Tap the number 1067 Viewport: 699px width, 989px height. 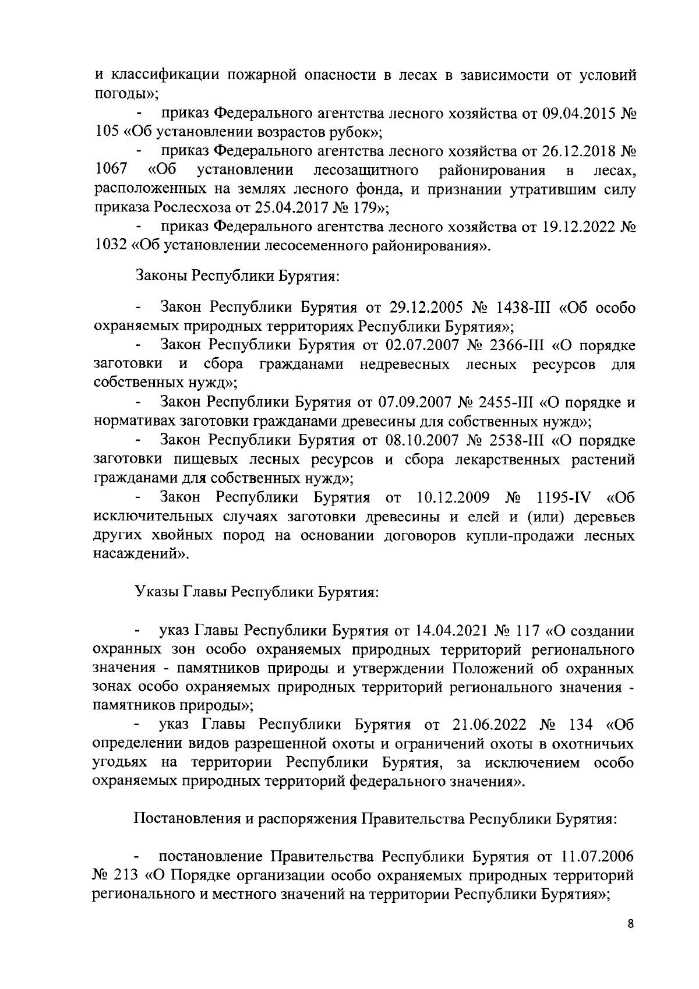pos(111,171)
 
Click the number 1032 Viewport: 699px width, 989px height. pos(111,246)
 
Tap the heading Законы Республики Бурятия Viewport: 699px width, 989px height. pos(237,275)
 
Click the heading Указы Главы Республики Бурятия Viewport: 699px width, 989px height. pos(257,592)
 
